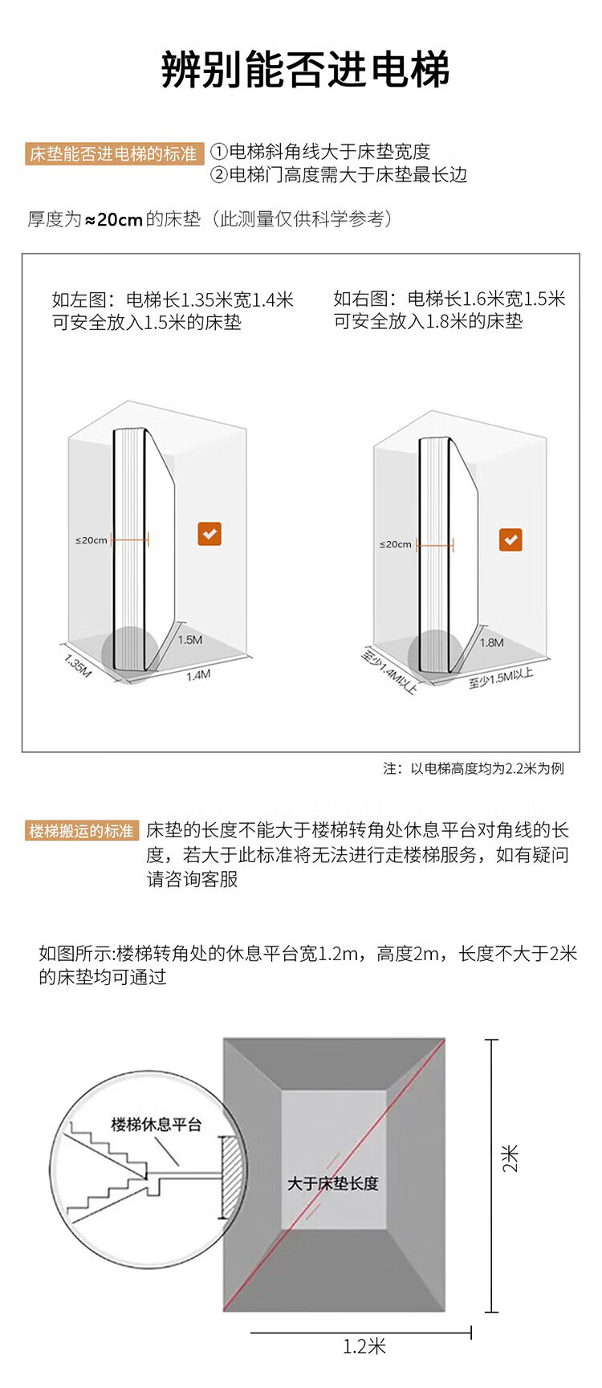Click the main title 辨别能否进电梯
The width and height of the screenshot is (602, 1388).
[x=305, y=70]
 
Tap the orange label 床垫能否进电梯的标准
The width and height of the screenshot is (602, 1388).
[x=113, y=153]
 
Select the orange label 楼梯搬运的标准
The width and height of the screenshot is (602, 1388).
[x=81, y=831]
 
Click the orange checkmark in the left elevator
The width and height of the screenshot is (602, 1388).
[x=209, y=534]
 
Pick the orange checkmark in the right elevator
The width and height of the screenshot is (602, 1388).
[x=510, y=539]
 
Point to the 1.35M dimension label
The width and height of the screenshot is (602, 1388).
[x=78, y=666]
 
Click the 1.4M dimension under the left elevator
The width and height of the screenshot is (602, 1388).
[x=198, y=675]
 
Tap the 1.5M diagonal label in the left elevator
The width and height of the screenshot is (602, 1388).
[x=190, y=640]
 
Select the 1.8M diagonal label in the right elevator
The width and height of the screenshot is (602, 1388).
[x=492, y=642]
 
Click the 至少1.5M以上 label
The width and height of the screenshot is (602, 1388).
[x=501, y=678]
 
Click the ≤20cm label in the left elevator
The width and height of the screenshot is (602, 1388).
[x=92, y=540]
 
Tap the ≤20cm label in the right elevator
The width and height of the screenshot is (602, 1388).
[x=395, y=544]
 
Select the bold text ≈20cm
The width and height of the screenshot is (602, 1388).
[x=114, y=219]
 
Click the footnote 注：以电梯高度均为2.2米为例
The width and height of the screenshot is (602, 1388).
[x=473, y=768]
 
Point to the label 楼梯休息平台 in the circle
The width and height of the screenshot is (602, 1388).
[x=156, y=1125]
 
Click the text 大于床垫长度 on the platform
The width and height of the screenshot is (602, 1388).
[x=332, y=1183]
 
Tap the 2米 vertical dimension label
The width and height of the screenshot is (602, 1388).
[x=510, y=1158]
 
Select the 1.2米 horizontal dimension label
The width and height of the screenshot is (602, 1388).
[x=364, y=1346]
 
